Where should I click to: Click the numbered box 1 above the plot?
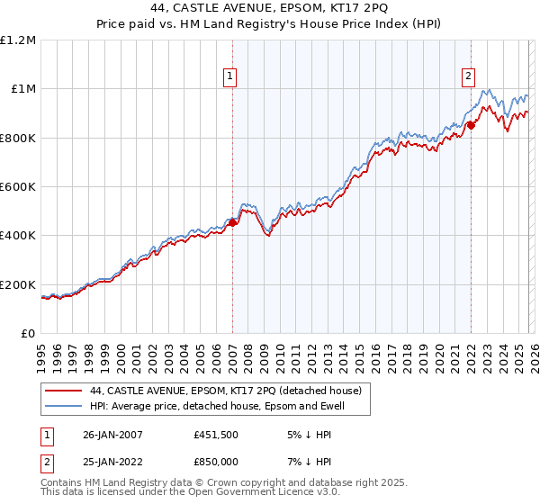pos(231,77)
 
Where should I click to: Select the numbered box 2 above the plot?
pos(469,77)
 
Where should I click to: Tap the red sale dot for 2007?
pos(232,223)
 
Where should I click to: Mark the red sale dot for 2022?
pos(471,126)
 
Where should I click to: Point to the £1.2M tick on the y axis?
pos(20,40)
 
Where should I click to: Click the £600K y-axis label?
pos(19,186)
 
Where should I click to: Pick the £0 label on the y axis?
pos(29,333)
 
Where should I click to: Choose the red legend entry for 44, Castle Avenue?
pos(225,391)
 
